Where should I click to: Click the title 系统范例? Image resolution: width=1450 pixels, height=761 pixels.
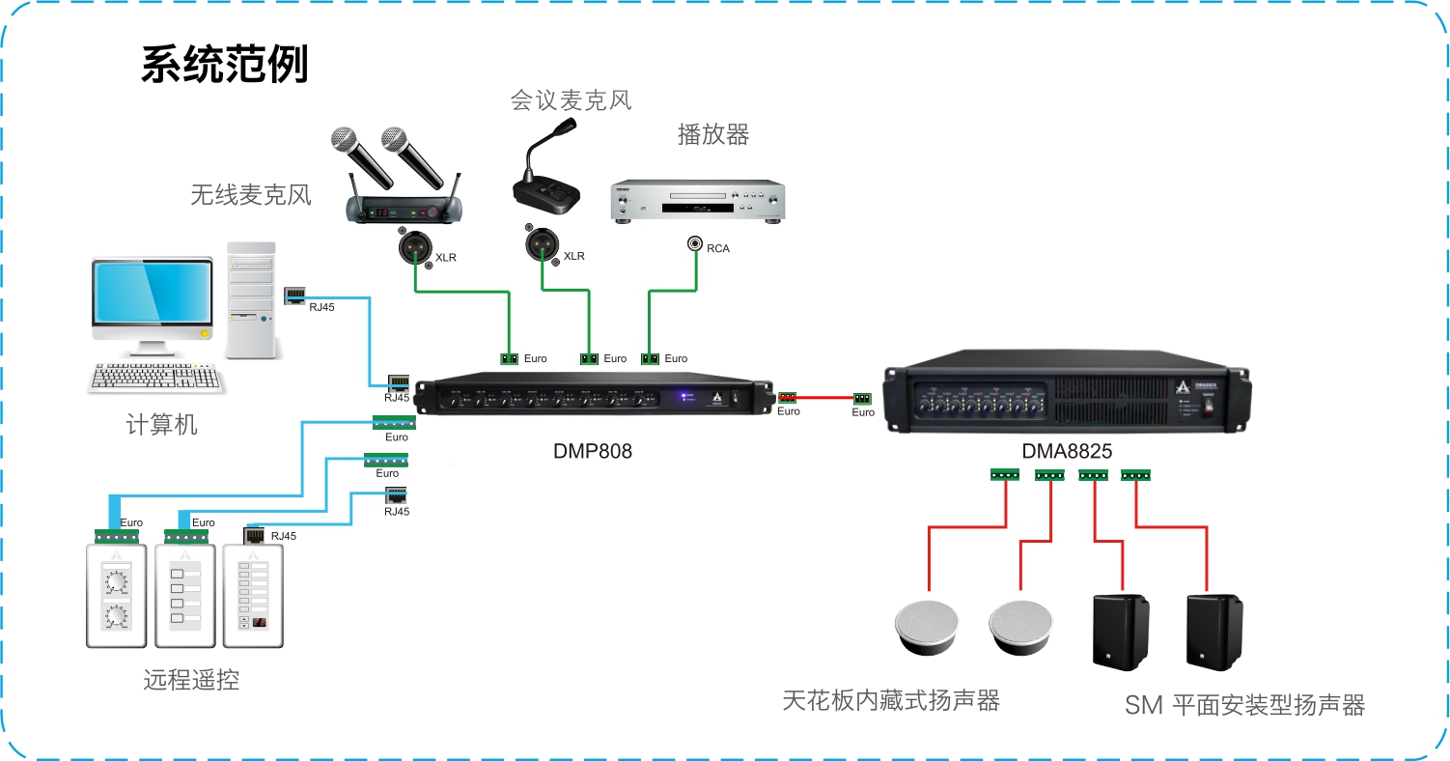coord(224,65)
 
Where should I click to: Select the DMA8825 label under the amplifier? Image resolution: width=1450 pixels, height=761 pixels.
coord(1067,451)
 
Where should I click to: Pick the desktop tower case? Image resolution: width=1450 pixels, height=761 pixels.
coord(251,300)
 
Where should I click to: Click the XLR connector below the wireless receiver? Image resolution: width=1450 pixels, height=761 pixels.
coord(414,247)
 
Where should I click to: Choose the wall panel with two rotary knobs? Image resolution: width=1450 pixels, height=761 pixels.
coord(116,595)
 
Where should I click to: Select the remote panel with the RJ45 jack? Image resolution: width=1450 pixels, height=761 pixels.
coord(253,595)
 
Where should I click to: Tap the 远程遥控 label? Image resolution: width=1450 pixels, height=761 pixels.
coord(191,680)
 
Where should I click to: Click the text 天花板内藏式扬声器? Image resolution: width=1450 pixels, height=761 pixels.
coord(890,700)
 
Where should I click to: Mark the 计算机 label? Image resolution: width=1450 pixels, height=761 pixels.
coord(162,424)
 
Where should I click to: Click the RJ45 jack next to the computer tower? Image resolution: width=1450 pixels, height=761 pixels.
coord(295,296)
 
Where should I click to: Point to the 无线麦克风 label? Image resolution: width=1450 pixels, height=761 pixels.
coord(251,195)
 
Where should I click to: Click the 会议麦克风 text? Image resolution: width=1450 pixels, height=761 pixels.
coord(571,100)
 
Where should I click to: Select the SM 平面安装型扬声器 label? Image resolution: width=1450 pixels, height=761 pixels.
coord(1244,705)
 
